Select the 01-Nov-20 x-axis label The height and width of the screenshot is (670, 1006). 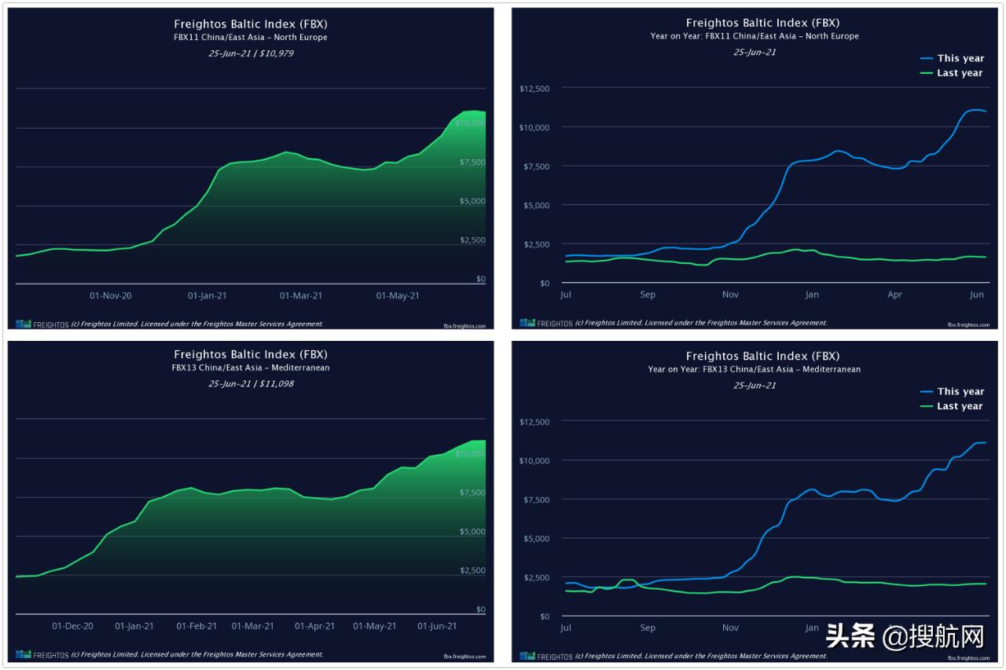(x=111, y=296)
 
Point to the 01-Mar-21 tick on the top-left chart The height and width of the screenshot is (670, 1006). (x=301, y=296)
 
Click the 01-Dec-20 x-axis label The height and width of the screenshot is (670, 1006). (x=73, y=626)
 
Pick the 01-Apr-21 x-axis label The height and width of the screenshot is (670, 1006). (x=314, y=626)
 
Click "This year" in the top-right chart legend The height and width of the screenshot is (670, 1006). (x=960, y=58)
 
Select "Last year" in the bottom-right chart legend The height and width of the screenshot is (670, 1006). (x=960, y=406)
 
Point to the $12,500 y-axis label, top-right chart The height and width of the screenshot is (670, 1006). (x=534, y=89)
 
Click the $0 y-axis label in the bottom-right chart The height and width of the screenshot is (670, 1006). (x=544, y=617)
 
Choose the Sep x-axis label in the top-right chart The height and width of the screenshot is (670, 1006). (x=648, y=295)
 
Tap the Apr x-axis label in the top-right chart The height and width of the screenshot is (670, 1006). (x=894, y=295)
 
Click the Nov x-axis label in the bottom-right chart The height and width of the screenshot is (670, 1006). (x=730, y=628)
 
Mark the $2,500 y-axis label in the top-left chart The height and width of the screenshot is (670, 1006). (x=472, y=240)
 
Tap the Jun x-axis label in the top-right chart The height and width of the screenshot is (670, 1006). (x=977, y=295)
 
